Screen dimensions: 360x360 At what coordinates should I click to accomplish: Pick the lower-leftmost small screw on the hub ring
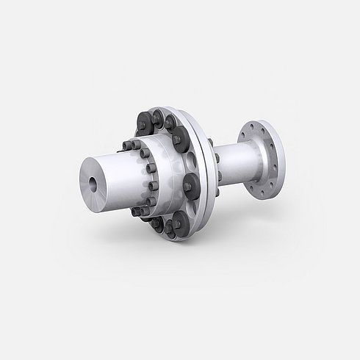coord(135,213)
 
